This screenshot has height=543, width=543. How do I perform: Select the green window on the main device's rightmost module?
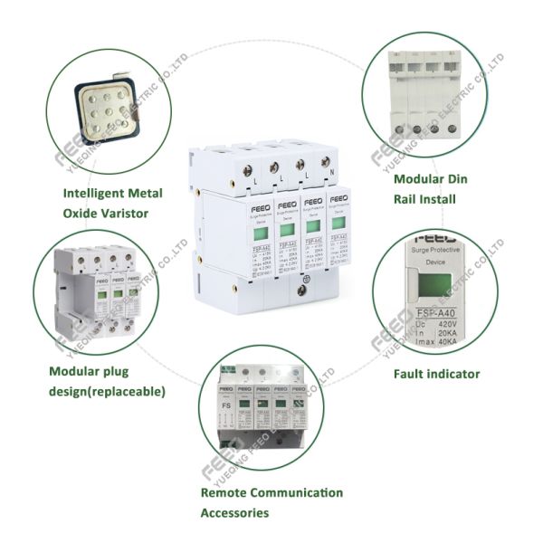tap(337, 224)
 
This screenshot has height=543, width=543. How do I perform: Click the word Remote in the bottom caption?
tap(224, 493)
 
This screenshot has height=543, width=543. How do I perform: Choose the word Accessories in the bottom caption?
tap(234, 513)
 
